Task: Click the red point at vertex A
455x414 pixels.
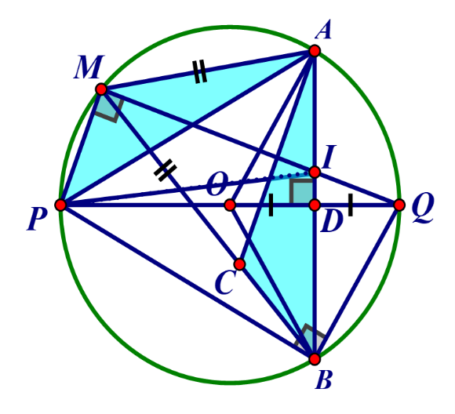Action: tap(315, 51)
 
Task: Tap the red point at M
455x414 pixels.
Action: tap(101, 89)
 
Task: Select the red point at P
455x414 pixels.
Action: tap(60, 205)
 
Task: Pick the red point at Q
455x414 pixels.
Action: tap(399, 205)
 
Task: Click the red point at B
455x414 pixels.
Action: tap(315, 359)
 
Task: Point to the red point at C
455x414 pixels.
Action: tap(240, 264)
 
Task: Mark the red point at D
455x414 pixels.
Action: tap(315, 205)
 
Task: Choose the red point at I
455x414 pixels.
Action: tap(315, 172)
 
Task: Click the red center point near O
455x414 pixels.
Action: tap(230, 205)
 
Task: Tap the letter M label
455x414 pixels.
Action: tap(88, 67)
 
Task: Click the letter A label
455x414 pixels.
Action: tap(323, 29)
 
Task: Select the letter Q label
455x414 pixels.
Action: tap(423, 209)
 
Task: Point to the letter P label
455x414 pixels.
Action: tap(37, 220)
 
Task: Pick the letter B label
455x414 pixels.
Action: tap(323, 379)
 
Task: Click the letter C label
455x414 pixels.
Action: tap(224, 283)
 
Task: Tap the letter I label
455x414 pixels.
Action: tap(329, 157)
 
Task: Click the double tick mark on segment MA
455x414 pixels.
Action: tap(200, 71)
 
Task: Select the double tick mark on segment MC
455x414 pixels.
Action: tap(165, 171)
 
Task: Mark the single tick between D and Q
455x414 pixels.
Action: tap(351, 205)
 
